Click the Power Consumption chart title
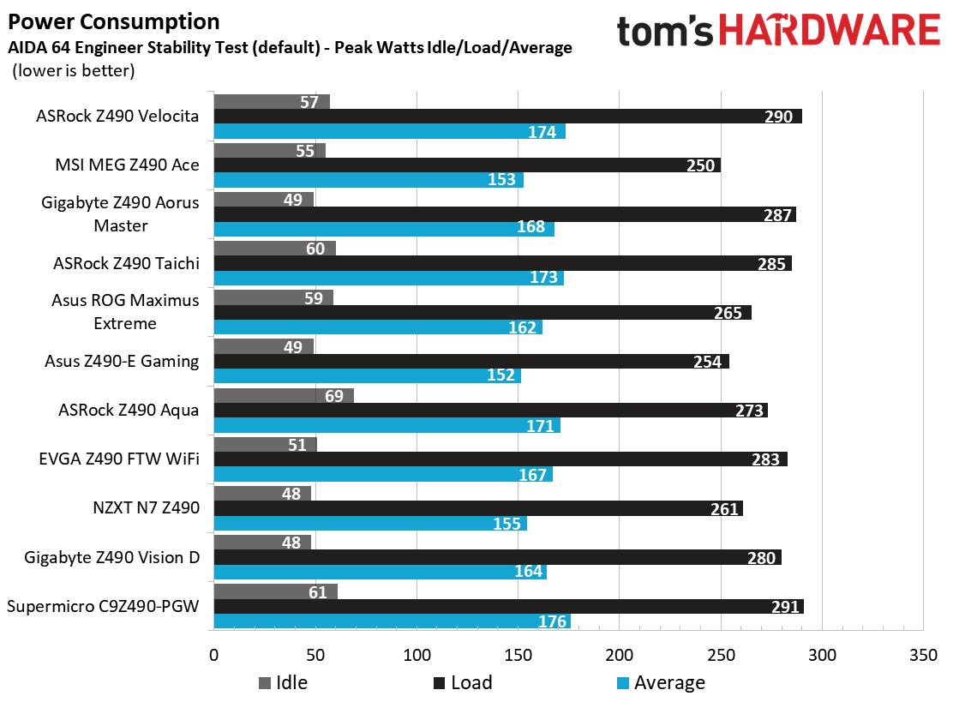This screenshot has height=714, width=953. pyautogui.click(x=113, y=21)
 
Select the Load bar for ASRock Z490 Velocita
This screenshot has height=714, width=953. pyautogui.click(x=507, y=117)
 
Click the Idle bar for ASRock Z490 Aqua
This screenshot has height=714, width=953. pyautogui.click(x=283, y=395)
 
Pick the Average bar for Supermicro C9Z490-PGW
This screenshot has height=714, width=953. pyautogui.click(x=392, y=621)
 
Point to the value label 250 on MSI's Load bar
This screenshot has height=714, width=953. pyautogui.click(x=700, y=165)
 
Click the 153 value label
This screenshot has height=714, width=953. pyautogui.click(x=502, y=180)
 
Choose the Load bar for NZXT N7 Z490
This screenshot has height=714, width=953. pyautogui.click(x=477, y=508)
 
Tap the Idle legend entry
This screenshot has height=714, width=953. pyautogui.click(x=283, y=682)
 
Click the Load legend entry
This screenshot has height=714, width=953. pyautogui.click(x=463, y=682)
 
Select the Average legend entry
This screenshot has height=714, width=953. pyautogui.click(x=661, y=682)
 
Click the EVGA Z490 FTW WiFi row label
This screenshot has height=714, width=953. pyautogui.click(x=120, y=459)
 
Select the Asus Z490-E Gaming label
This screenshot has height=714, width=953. pyautogui.click(x=122, y=361)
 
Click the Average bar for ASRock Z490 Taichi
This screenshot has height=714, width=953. pyautogui.click(x=388, y=278)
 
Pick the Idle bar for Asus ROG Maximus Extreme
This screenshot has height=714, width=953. pyautogui.click(x=273, y=297)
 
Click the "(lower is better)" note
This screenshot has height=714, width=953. pyautogui.click(x=73, y=71)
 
